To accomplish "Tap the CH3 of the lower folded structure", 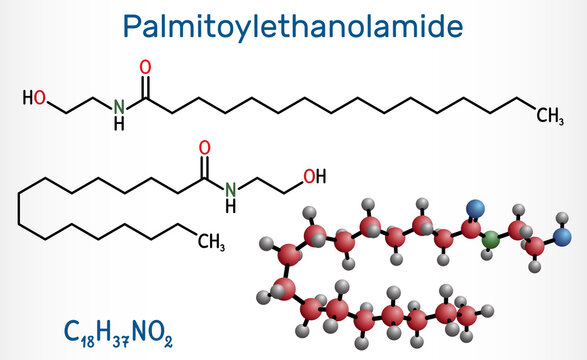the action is pyautogui.click(x=210, y=240).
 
